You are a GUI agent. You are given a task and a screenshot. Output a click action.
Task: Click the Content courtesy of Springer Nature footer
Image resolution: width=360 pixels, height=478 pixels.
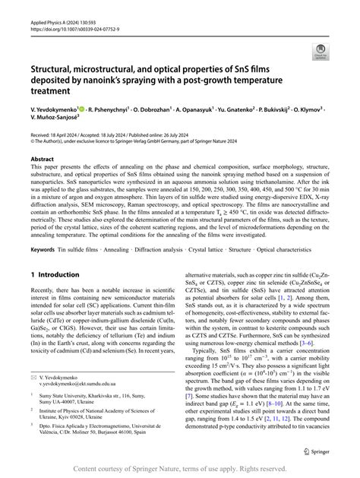[180, 469]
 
